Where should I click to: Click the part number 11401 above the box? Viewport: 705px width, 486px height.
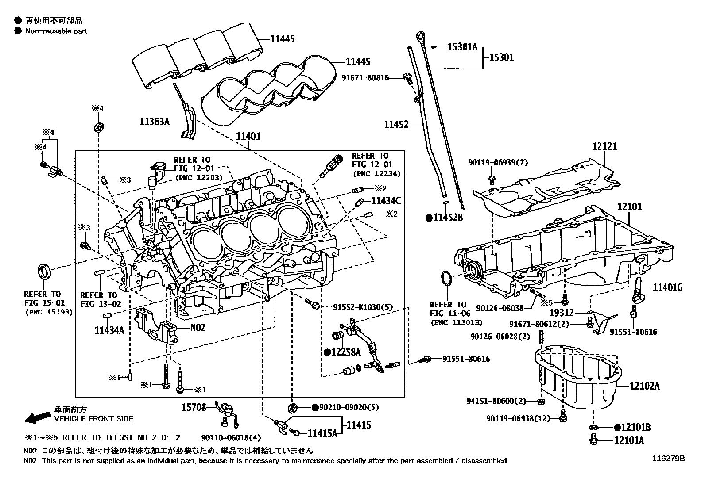pyautogui.click(x=248, y=137)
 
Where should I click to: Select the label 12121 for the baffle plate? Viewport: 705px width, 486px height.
pyautogui.click(x=604, y=146)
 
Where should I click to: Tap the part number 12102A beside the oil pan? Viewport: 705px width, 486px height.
pyautogui.click(x=645, y=386)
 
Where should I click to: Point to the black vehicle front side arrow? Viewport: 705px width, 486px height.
pyautogui.click(x=37, y=417)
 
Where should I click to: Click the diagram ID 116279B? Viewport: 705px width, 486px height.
pyautogui.click(x=668, y=459)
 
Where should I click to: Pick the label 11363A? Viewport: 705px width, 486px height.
pyautogui.click(x=155, y=121)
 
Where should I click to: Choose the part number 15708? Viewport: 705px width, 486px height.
pyautogui.click(x=194, y=407)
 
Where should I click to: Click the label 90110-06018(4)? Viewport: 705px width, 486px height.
pyautogui.click(x=231, y=438)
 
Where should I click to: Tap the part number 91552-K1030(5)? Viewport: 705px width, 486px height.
pyautogui.click(x=363, y=307)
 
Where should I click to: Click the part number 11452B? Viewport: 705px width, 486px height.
pyautogui.click(x=448, y=218)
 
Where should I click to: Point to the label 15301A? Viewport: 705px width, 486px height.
pyautogui.click(x=462, y=46)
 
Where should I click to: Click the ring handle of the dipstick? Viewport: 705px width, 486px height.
pyautogui.click(x=420, y=36)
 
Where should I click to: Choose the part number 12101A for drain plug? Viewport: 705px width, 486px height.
pyautogui.click(x=629, y=440)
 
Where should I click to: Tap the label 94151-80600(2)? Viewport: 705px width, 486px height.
pyautogui.click(x=496, y=401)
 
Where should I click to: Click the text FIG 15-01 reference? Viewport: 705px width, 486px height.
pyautogui.click(x=44, y=303)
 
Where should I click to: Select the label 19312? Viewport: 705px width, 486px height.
pyautogui.click(x=562, y=313)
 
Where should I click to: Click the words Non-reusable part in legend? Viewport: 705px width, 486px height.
pyautogui.click(x=56, y=31)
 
